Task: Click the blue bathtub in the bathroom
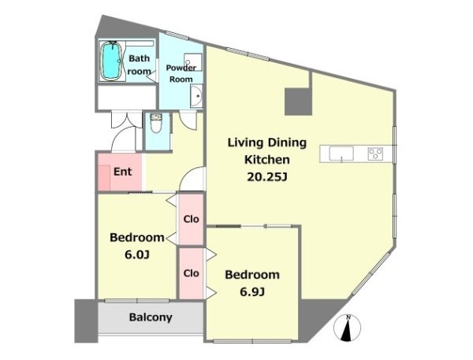111,61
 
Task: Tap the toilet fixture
156,124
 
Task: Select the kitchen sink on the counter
341,154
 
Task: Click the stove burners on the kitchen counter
375,154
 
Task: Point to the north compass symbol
347,328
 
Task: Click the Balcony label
151,317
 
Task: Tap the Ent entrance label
122,172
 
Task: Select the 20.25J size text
266,177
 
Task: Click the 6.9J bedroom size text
252,291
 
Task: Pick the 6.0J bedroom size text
137,254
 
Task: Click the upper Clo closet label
192,219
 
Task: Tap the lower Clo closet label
192,273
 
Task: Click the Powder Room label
181,73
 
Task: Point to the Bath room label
139,65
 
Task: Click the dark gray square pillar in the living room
298,102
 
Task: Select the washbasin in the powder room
196,96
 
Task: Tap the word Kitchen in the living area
266,159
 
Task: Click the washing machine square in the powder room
193,62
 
